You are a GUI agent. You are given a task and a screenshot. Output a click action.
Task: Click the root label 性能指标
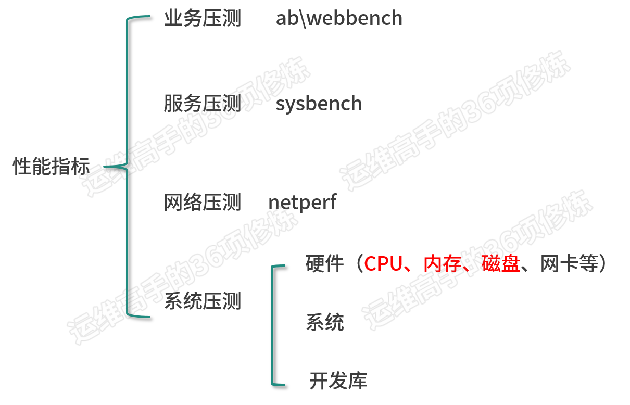(x=52, y=166)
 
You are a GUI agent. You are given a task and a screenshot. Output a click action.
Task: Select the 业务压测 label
(x=203, y=18)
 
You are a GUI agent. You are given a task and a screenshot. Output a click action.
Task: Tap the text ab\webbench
(x=339, y=18)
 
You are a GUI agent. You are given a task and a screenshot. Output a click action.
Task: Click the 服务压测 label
(x=203, y=103)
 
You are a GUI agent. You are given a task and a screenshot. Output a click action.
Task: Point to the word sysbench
(x=319, y=104)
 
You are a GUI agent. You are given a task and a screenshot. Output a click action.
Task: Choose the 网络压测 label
(x=203, y=202)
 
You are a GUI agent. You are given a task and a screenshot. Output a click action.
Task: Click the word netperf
(x=303, y=202)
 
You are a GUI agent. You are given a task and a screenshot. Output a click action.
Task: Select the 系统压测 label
(x=203, y=301)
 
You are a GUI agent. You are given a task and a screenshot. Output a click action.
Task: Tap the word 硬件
(x=324, y=263)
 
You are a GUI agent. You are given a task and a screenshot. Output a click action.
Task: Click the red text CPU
(x=383, y=264)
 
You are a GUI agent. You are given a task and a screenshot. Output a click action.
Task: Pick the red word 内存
(x=443, y=263)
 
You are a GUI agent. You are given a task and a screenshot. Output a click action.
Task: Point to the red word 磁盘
(x=501, y=263)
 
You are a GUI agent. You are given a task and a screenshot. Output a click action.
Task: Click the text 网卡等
(x=569, y=263)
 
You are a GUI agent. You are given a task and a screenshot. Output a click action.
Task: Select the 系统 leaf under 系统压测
(x=325, y=322)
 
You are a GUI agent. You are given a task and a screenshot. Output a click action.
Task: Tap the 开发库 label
(x=338, y=381)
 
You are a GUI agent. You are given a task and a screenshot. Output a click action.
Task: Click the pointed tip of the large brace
(x=105, y=167)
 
